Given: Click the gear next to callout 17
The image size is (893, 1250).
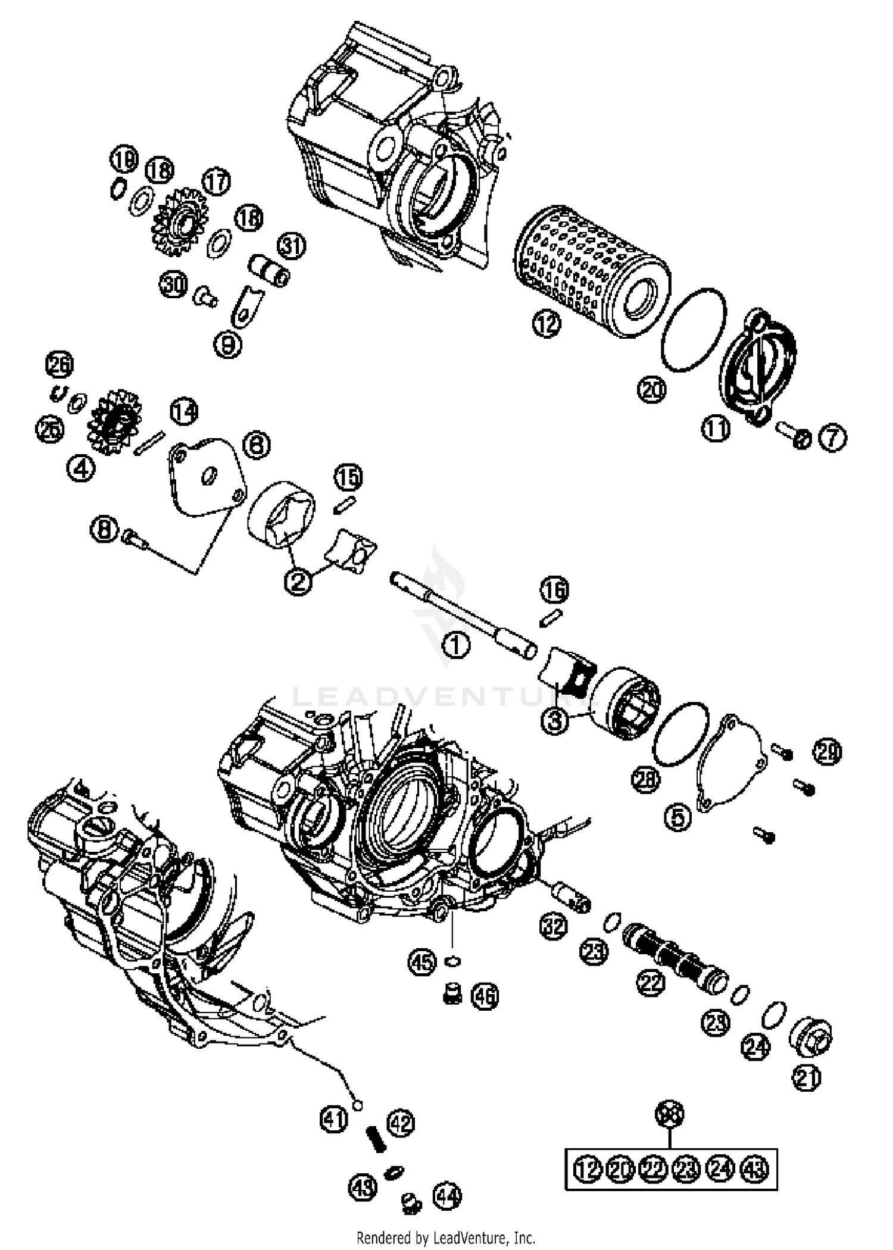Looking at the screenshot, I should pyautogui.click(x=180, y=222).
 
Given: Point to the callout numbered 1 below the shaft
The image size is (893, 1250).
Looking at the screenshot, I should pyautogui.click(x=456, y=645).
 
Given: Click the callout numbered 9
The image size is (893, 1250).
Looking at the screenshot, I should pyautogui.click(x=227, y=345).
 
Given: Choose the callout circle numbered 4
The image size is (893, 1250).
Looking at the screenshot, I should pyautogui.click(x=80, y=468).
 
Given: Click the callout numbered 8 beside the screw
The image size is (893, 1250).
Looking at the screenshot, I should pyautogui.click(x=104, y=529).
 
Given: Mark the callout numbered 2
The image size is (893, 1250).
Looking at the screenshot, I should pyautogui.click(x=298, y=581).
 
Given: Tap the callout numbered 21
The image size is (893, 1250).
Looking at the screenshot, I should pyautogui.click(x=806, y=1078).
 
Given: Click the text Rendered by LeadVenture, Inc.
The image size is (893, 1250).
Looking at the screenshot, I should pyautogui.click(x=446, y=1238).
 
